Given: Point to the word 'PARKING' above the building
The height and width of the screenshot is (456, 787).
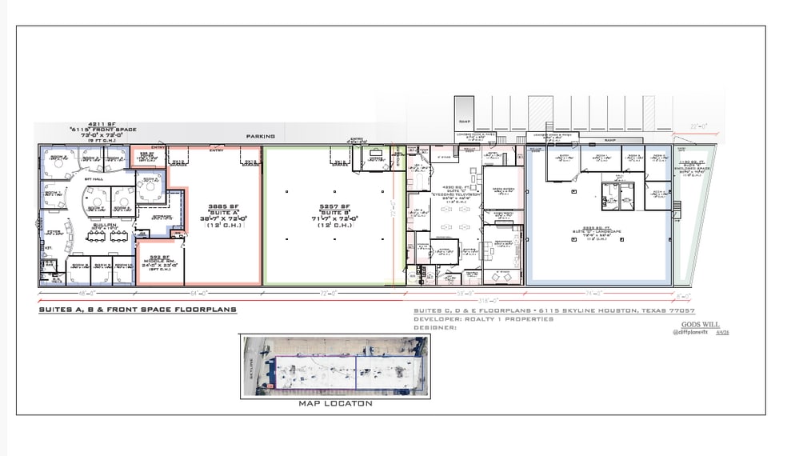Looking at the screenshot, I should coord(260,136).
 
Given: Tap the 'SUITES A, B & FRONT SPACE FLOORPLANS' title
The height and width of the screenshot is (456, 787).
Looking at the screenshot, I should coord(137,309).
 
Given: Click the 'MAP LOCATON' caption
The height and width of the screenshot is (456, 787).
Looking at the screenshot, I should coord(335,403).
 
